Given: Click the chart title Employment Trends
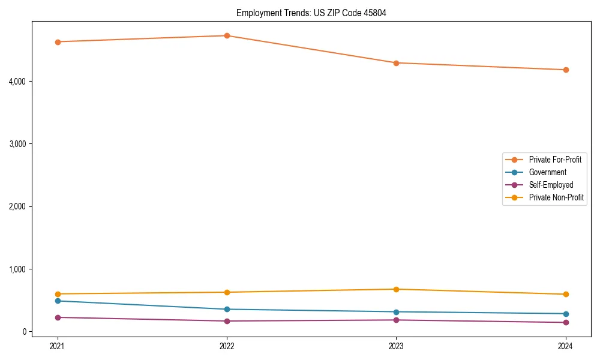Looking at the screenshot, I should point(311,13).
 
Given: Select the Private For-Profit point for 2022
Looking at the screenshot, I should point(227,35).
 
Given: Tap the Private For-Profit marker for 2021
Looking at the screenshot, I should point(58,42).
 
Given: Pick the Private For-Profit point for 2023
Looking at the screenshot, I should point(396,63).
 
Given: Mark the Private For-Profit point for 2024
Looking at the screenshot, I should point(566,70).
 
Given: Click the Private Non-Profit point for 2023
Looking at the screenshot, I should point(396,289).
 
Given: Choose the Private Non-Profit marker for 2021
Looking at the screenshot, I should point(58,294).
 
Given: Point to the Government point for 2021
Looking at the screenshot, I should point(58,301).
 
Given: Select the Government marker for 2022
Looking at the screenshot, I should point(227,310).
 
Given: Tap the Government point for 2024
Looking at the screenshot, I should point(566,314).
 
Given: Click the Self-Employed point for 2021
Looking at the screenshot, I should point(58,317).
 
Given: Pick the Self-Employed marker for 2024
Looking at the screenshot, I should point(566,323).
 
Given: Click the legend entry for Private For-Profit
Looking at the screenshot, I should point(555,160).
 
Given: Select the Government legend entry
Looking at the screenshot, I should point(547,172).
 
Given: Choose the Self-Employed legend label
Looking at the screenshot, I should point(551,185).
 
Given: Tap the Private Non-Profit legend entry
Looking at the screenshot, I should point(556,197).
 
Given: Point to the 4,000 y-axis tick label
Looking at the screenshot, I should point(20,81).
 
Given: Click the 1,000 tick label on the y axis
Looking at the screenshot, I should point(20,269).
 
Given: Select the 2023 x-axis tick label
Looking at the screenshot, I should point(396,346).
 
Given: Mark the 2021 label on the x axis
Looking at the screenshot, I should point(58,346).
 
